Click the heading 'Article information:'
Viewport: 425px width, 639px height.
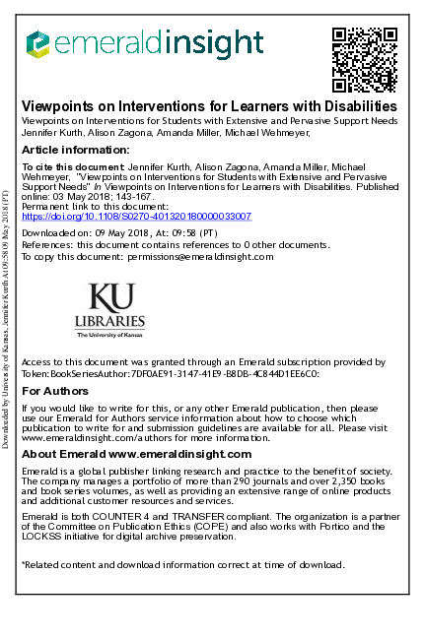(75, 150)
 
